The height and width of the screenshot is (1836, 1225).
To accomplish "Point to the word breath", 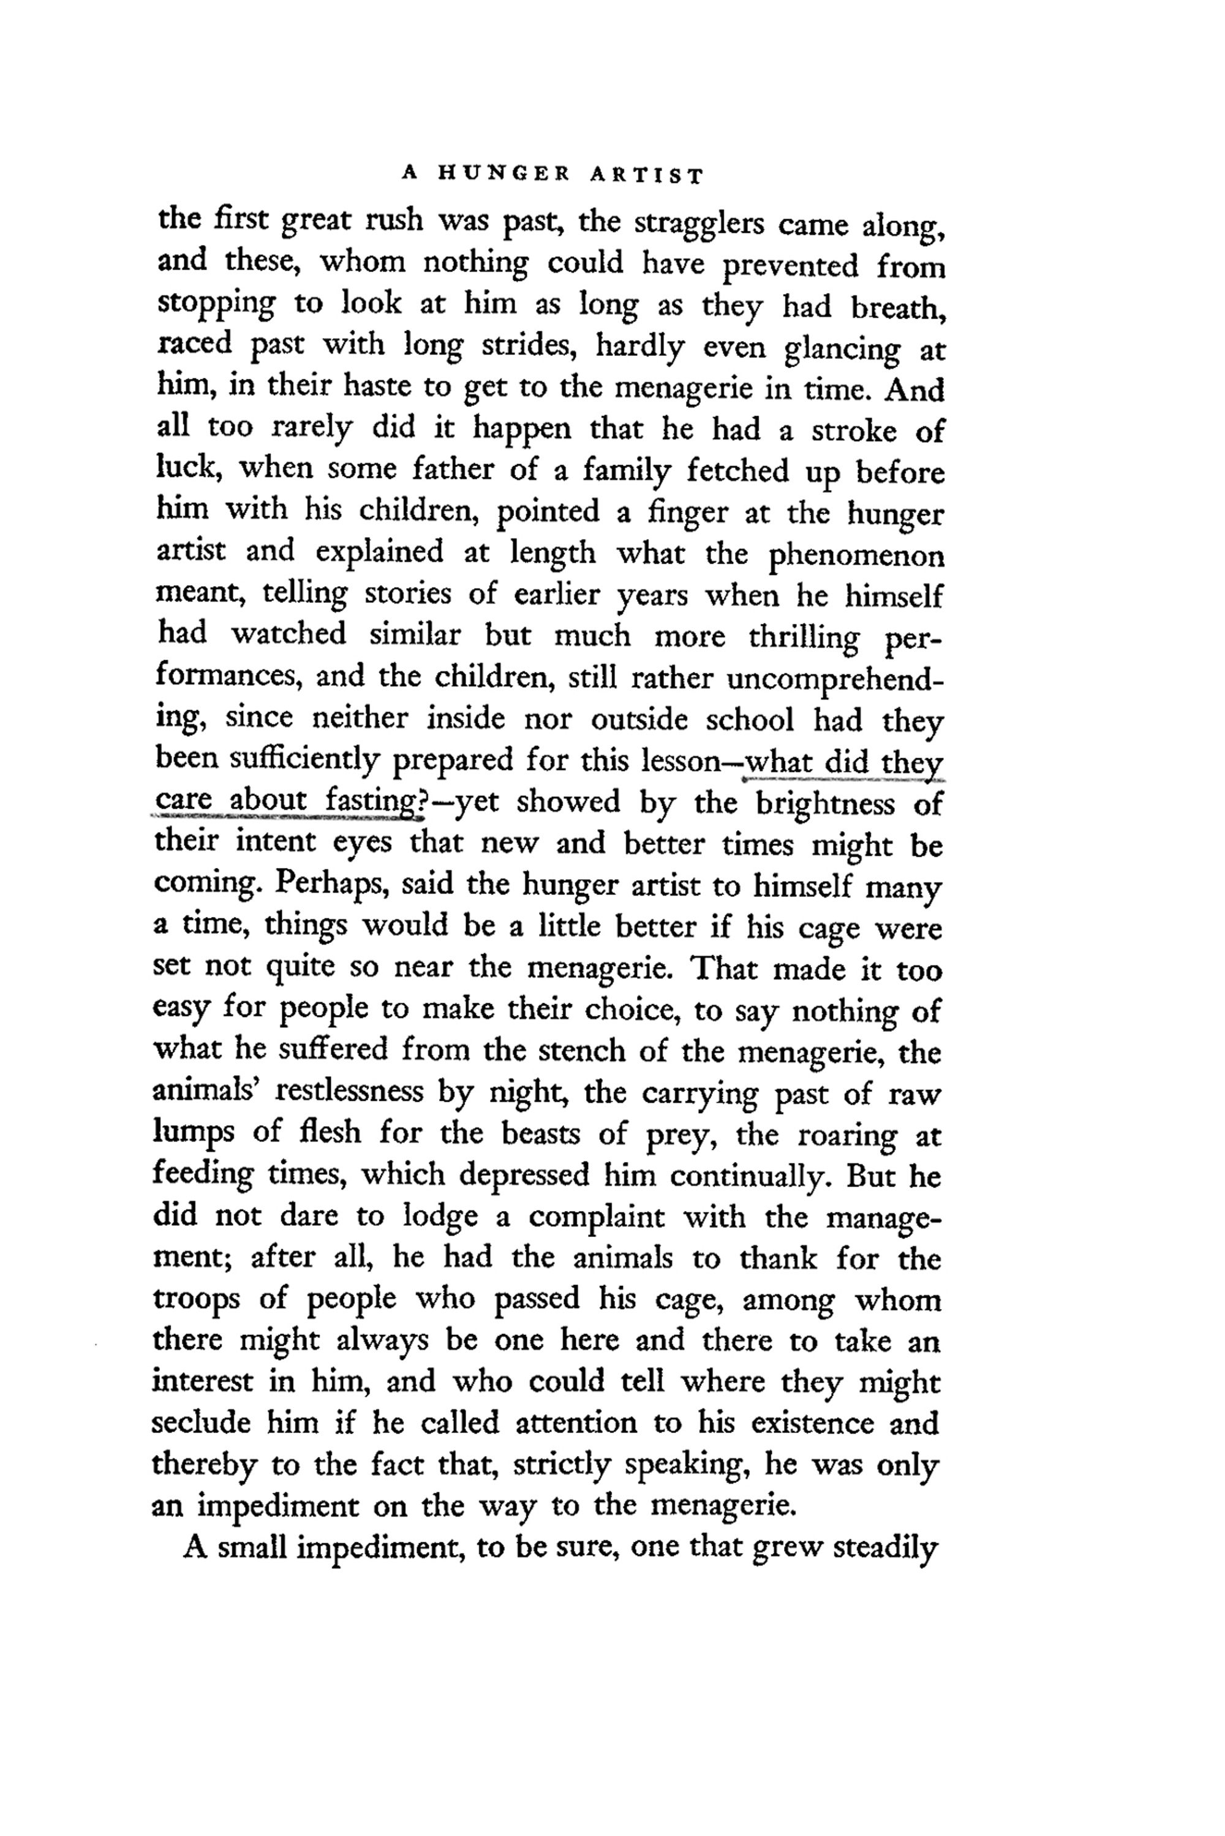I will tap(898, 308).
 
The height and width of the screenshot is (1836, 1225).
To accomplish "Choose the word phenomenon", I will tap(856, 556).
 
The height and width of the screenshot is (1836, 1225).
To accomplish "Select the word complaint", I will tap(598, 1218).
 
